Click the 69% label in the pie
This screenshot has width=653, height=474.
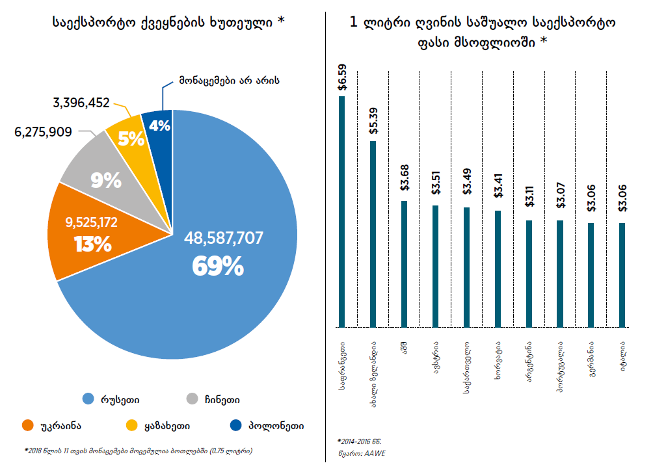click(218, 265)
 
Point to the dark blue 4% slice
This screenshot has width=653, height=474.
click(159, 126)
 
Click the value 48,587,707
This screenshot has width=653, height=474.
click(224, 238)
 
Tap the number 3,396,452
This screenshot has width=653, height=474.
click(81, 102)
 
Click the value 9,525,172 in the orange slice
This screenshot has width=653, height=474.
click(91, 222)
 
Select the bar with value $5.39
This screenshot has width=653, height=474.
click(373, 234)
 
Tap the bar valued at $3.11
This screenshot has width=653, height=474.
click(529, 274)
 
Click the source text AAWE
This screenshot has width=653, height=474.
click(373, 453)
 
